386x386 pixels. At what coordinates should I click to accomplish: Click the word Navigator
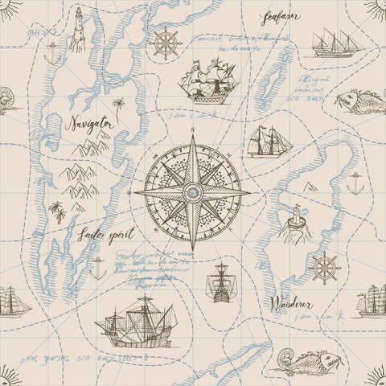pyautogui.click(x=90, y=124)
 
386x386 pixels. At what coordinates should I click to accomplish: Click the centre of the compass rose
pyautogui.click(x=192, y=193)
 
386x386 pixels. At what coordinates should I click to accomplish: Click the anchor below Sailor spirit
pyautogui.click(x=97, y=268)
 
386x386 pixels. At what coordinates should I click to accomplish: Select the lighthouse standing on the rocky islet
pyautogui.click(x=295, y=221)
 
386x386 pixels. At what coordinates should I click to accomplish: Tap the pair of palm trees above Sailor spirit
pyautogui.click(x=58, y=211)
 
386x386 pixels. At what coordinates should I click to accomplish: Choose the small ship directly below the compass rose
pyautogui.click(x=220, y=283)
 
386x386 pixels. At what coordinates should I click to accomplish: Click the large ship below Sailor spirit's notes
pyautogui.click(x=137, y=321)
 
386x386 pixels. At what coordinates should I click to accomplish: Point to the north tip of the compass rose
pyautogui.click(x=193, y=138)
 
